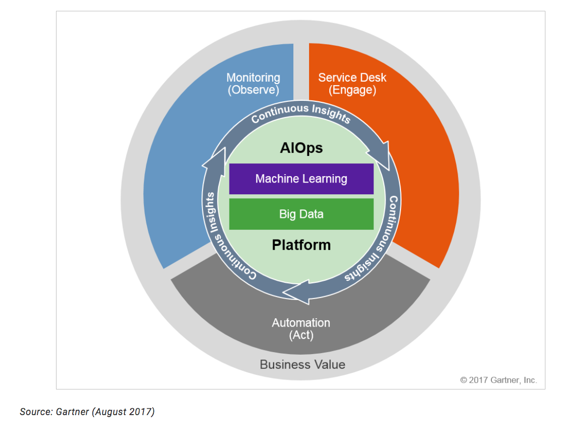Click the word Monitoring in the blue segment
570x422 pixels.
[253, 78]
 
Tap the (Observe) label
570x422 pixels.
[253, 90]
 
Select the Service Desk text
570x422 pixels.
[352, 78]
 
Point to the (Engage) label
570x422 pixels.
[352, 90]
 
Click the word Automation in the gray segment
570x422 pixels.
[301, 323]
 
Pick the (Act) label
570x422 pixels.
[301, 335]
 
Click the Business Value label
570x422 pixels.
[302, 364]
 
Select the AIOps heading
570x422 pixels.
[301, 148]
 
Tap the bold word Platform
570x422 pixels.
[301, 244]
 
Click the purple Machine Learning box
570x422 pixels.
[301, 179]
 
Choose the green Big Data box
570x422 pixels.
[301, 214]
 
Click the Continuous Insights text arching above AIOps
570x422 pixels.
[301, 113]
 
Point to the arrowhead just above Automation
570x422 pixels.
[297, 292]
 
